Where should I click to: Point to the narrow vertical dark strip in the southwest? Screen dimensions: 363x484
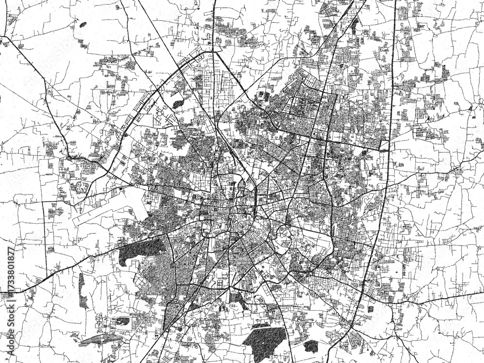pyautogui.click(x=82, y=290)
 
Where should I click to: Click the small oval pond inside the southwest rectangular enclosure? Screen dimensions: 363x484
pyautogui.click(x=121, y=320)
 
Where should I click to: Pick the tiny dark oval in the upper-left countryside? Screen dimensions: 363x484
pyautogui.click(x=83, y=24)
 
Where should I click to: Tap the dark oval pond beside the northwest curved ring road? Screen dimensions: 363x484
pyautogui.click(x=178, y=103)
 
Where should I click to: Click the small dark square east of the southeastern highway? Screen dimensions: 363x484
pyautogui.click(x=371, y=309)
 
